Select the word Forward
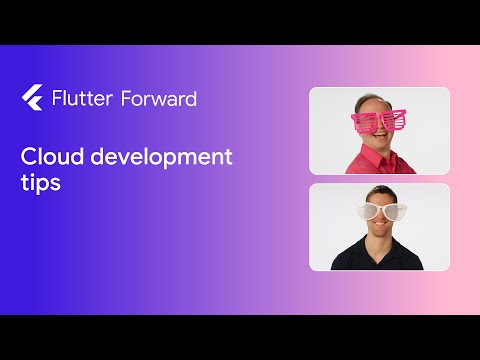158,98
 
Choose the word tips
39,184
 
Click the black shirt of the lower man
379,257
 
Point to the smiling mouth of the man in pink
380,141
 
